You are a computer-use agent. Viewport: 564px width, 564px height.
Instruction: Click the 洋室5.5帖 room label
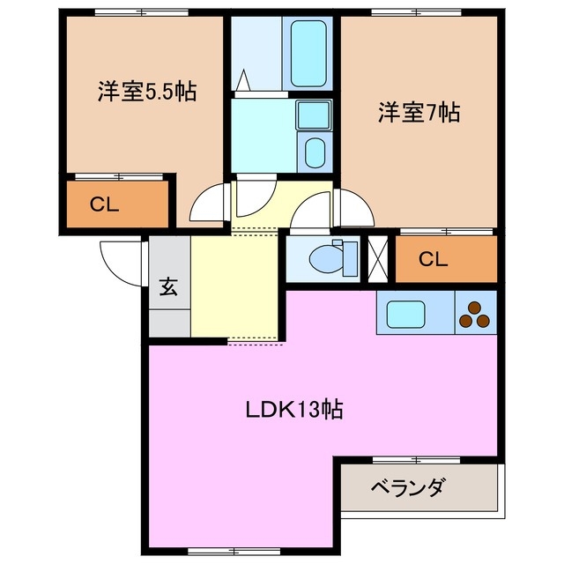pos(146,91)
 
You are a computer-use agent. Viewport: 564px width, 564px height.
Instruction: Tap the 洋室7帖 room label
pos(419,113)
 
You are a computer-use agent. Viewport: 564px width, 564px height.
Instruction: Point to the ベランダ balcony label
pos(407,486)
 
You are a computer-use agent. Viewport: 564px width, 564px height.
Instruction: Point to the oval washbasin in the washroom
pos(313,152)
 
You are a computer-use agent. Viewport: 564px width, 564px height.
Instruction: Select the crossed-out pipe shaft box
pos(378,258)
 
